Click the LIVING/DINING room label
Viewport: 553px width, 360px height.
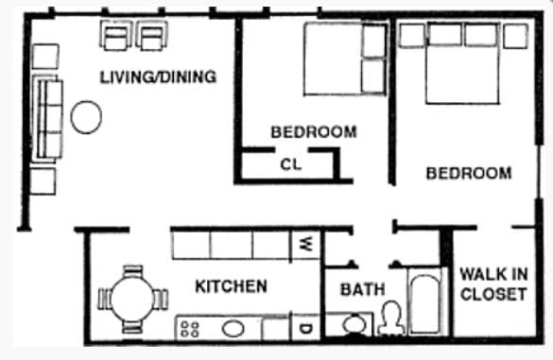tap(158, 77)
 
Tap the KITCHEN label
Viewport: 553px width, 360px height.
tap(231, 285)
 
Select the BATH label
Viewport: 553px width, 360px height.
tap(363, 289)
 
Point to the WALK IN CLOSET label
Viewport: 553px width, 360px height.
tap(493, 283)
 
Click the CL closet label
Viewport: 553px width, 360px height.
tap(290, 164)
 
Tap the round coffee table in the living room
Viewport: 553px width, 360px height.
tap(86, 117)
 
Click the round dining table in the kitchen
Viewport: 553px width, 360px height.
tap(131, 299)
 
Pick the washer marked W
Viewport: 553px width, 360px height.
tap(305, 243)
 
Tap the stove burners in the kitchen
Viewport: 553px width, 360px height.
tap(189, 329)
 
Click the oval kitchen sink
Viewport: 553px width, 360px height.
tap(233, 329)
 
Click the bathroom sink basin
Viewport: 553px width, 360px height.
tap(354, 325)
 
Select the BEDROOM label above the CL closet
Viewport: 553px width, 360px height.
tap(314, 132)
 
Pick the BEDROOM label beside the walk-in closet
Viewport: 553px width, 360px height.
tap(468, 173)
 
